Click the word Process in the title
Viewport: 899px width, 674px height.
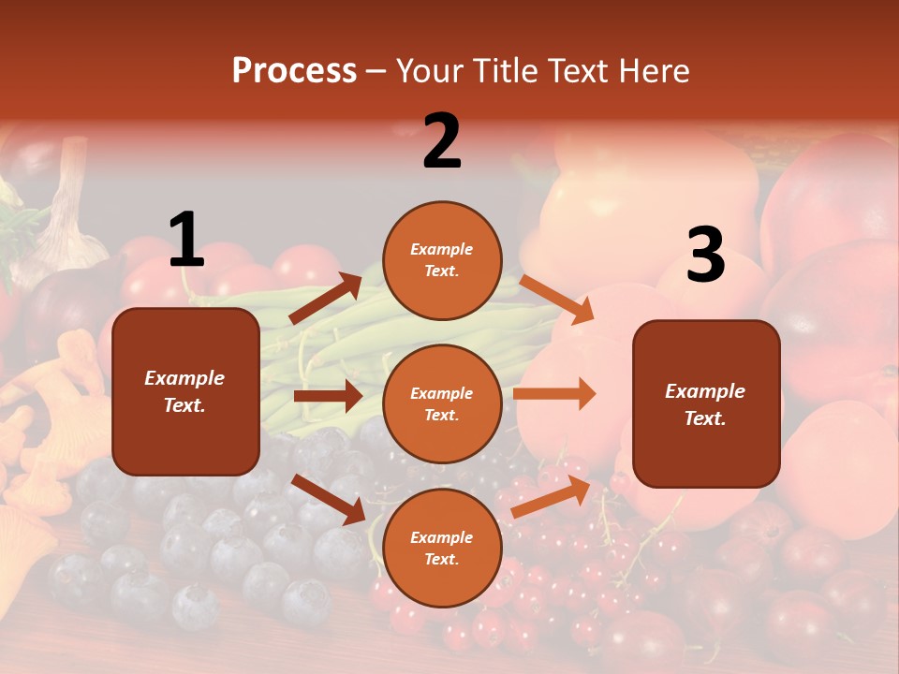click(294, 70)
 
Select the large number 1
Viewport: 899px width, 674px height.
click(186, 240)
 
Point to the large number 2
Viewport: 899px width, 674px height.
click(442, 141)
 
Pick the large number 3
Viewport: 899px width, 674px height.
click(705, 255)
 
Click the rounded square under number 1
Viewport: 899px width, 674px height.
click(185, 391)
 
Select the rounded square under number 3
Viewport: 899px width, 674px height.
click(706, 403)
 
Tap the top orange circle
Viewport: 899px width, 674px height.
click(442, 260)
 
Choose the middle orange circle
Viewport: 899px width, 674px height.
click(442, 403)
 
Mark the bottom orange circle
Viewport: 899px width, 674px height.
click(442, 548)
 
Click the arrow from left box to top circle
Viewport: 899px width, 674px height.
click(325, 299)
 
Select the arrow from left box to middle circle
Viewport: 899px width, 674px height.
click(328, 396)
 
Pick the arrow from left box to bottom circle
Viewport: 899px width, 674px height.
click(328, 499)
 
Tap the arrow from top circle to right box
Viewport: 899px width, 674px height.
click(557, 300)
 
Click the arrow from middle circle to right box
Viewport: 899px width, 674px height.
click(554, 393)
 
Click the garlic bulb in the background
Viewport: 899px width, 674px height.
click(71, 220)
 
